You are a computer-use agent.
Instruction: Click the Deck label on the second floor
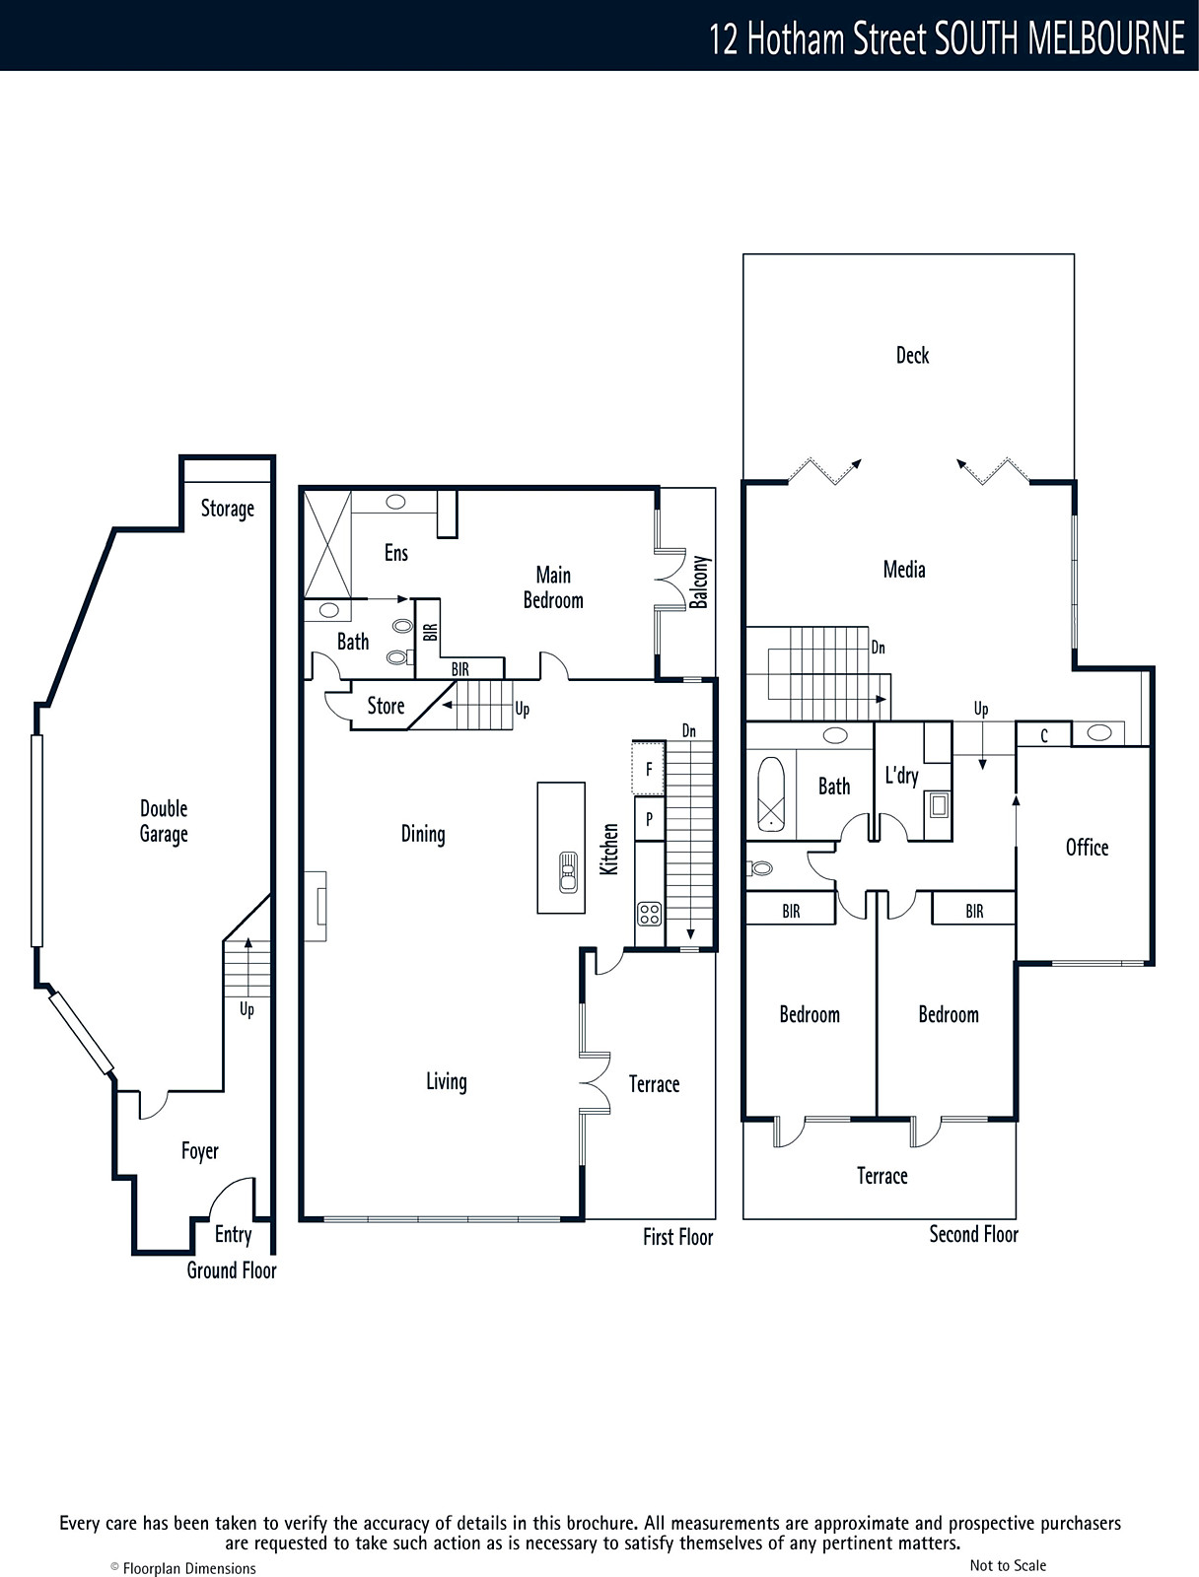click(x=912, y=355)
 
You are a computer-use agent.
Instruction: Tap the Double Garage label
click(x=164, y=821)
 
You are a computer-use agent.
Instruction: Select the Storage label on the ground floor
click(x=227, y=509)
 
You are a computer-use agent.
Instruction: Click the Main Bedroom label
click(x=553, y=587)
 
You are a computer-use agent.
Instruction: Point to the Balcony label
click(x=700, y=582)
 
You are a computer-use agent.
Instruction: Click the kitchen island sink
click(x=568, y=871)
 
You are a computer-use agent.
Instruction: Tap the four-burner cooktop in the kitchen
click(x=650, y=914)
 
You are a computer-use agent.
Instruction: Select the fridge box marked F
click(x=648, y=769)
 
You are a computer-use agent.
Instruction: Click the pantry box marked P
click(x=650, y=819)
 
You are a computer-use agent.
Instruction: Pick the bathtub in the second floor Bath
click(x=771, y=793)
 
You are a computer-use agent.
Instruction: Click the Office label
click(x=1087, y=848)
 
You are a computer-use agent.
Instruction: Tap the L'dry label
click(x=901, y=776)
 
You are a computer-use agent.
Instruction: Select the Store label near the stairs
click(x=386, y=706)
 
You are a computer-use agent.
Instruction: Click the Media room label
click(x=904, y=570)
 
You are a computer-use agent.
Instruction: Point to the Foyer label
click(x=200, y=1151)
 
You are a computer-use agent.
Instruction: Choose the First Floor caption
click(x=678, y=1237)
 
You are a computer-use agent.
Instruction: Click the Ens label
click(x=395, y=553)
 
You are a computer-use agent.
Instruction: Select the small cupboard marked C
click(x=1044, y=735)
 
